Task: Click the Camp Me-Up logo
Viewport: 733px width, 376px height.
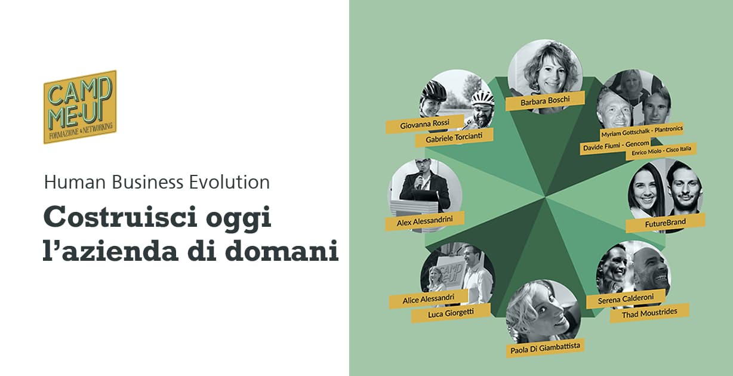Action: tap(80, 107)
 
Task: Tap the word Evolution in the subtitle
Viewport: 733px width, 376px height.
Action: tap(229, 182)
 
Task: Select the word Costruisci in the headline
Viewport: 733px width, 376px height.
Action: tap(120, 216)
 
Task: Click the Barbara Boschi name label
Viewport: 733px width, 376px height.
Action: tap(545, 101)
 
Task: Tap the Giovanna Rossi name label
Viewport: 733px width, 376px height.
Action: tap(425, 124)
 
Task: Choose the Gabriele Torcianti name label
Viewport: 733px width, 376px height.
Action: tap(454, 138)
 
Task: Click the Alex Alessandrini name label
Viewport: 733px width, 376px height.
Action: tap(425, 221)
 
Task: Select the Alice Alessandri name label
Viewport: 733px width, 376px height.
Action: tap(429, 299)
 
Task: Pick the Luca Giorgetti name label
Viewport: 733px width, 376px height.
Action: tap(451, 313)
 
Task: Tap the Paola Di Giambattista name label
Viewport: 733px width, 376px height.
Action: tap(545, 348)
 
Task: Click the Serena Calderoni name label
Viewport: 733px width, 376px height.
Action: tap(626, 299)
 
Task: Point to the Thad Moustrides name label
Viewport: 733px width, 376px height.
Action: tap(649, 313)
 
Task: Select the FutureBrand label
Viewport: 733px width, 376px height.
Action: tap(666, 223)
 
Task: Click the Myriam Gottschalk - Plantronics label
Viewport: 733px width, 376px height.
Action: tap(642, 131)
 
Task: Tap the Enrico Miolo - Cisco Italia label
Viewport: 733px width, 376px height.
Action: tap(661, 151)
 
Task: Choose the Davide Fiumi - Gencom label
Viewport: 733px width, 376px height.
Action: tap(615, 146)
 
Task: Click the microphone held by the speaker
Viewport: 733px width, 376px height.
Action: tap(420, 180)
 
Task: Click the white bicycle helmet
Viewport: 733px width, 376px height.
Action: tap(482, 97)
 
